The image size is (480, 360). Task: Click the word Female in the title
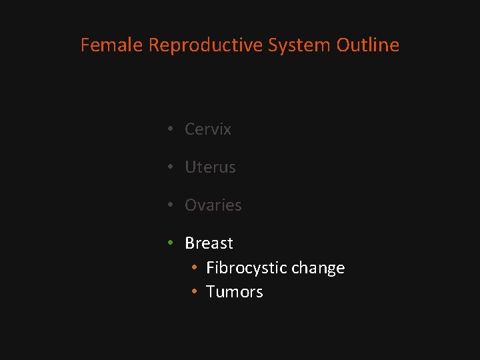pyautogui.click(x=112, y=45)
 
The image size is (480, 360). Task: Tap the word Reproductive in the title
pyautogui.click(x=205, y=45)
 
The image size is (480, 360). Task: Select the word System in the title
pyautogui.click(x=299, y=45)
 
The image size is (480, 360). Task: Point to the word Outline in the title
pyautogui.click(x=368, y=45)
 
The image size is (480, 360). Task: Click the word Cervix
pyautogui.click(x=208, y=129)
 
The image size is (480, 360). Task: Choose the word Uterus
pyautogui.click(x=210, y=167)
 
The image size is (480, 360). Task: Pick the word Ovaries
pyautogui.click(x=213, y=205)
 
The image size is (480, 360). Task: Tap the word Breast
pyautogui.click(x=209, y=243)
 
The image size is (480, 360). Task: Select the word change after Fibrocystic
pyautogui.click(x=318, y=268)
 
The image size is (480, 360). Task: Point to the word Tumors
pyautogui.click(x=235, y=292)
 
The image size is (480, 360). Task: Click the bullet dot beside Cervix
pyautogui.click(x=171, y=129)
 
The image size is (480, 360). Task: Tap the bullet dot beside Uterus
pyautogui.click(x=171, y=167)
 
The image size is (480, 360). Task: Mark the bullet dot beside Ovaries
pyautogui.click(x=171, y=205)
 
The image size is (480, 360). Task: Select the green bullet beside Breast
pyautogui.click(x=171, y=243)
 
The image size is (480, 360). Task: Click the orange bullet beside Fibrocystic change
pyautogui.click(x=193, y=268)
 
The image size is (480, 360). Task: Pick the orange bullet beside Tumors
pyautogui.click(x=193, y=292)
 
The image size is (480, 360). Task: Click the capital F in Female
pyautogui.click(x=85, y=45)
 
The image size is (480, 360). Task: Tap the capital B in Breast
pyautogui.click(x=190, y=243)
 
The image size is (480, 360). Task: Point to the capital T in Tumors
pyautogui.click(x=211, y=292)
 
